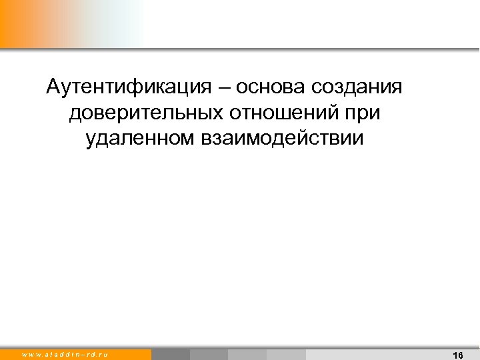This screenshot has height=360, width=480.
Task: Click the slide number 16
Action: [457, 355]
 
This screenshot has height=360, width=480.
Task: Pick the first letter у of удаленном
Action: [90, 140]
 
